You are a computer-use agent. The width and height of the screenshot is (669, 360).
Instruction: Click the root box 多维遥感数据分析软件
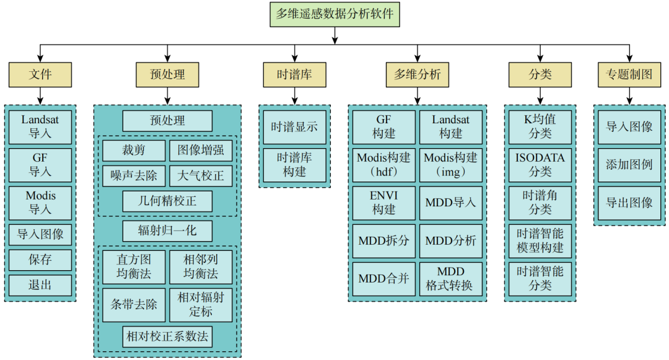(334, 14)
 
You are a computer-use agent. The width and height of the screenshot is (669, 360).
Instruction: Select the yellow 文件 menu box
(40, 75)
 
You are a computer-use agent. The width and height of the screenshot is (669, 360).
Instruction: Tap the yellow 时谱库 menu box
(294, 75)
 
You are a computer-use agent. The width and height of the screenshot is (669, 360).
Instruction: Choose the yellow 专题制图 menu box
(629, 75)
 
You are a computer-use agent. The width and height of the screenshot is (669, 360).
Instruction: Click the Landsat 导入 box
(40, 126)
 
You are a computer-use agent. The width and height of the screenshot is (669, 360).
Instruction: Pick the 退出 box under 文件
(40, 286)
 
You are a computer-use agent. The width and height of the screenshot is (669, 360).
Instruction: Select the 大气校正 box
(201, 176)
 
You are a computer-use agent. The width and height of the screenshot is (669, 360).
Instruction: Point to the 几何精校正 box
(167, 201)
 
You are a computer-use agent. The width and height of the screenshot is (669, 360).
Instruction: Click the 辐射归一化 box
(167, 231)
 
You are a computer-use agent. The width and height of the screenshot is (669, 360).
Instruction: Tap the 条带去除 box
(134, 304)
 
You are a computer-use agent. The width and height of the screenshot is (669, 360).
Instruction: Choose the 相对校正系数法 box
(167, 337)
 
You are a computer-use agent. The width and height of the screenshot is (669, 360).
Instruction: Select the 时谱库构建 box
(294, 165)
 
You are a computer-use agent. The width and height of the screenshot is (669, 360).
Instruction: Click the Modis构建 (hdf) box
(384, 165)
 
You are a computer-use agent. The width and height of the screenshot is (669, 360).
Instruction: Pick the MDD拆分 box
(384, 240)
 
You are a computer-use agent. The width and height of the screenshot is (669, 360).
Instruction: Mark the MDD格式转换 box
(450, 279)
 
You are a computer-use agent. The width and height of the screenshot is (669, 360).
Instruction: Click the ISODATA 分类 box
(540, 164)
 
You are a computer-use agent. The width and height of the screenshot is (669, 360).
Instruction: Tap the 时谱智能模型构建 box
(540, 240)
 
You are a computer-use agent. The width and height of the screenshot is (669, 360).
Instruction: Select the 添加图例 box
(629, 165)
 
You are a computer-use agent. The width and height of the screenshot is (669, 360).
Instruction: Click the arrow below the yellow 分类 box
(540, 95)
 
